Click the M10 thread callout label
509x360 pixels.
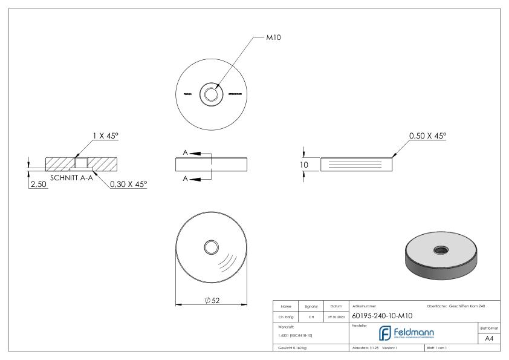coord(274,38)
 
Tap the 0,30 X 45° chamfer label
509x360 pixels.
coord(128,183)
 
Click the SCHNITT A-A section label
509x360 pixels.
coord(71,178)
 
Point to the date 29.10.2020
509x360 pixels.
coord(336,315)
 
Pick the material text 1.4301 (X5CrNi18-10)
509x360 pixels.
coord(296,335)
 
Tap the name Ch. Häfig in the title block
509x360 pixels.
coord(286,315)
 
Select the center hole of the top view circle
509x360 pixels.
coord(212,94)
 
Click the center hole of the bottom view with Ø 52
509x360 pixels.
coord(212,246)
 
